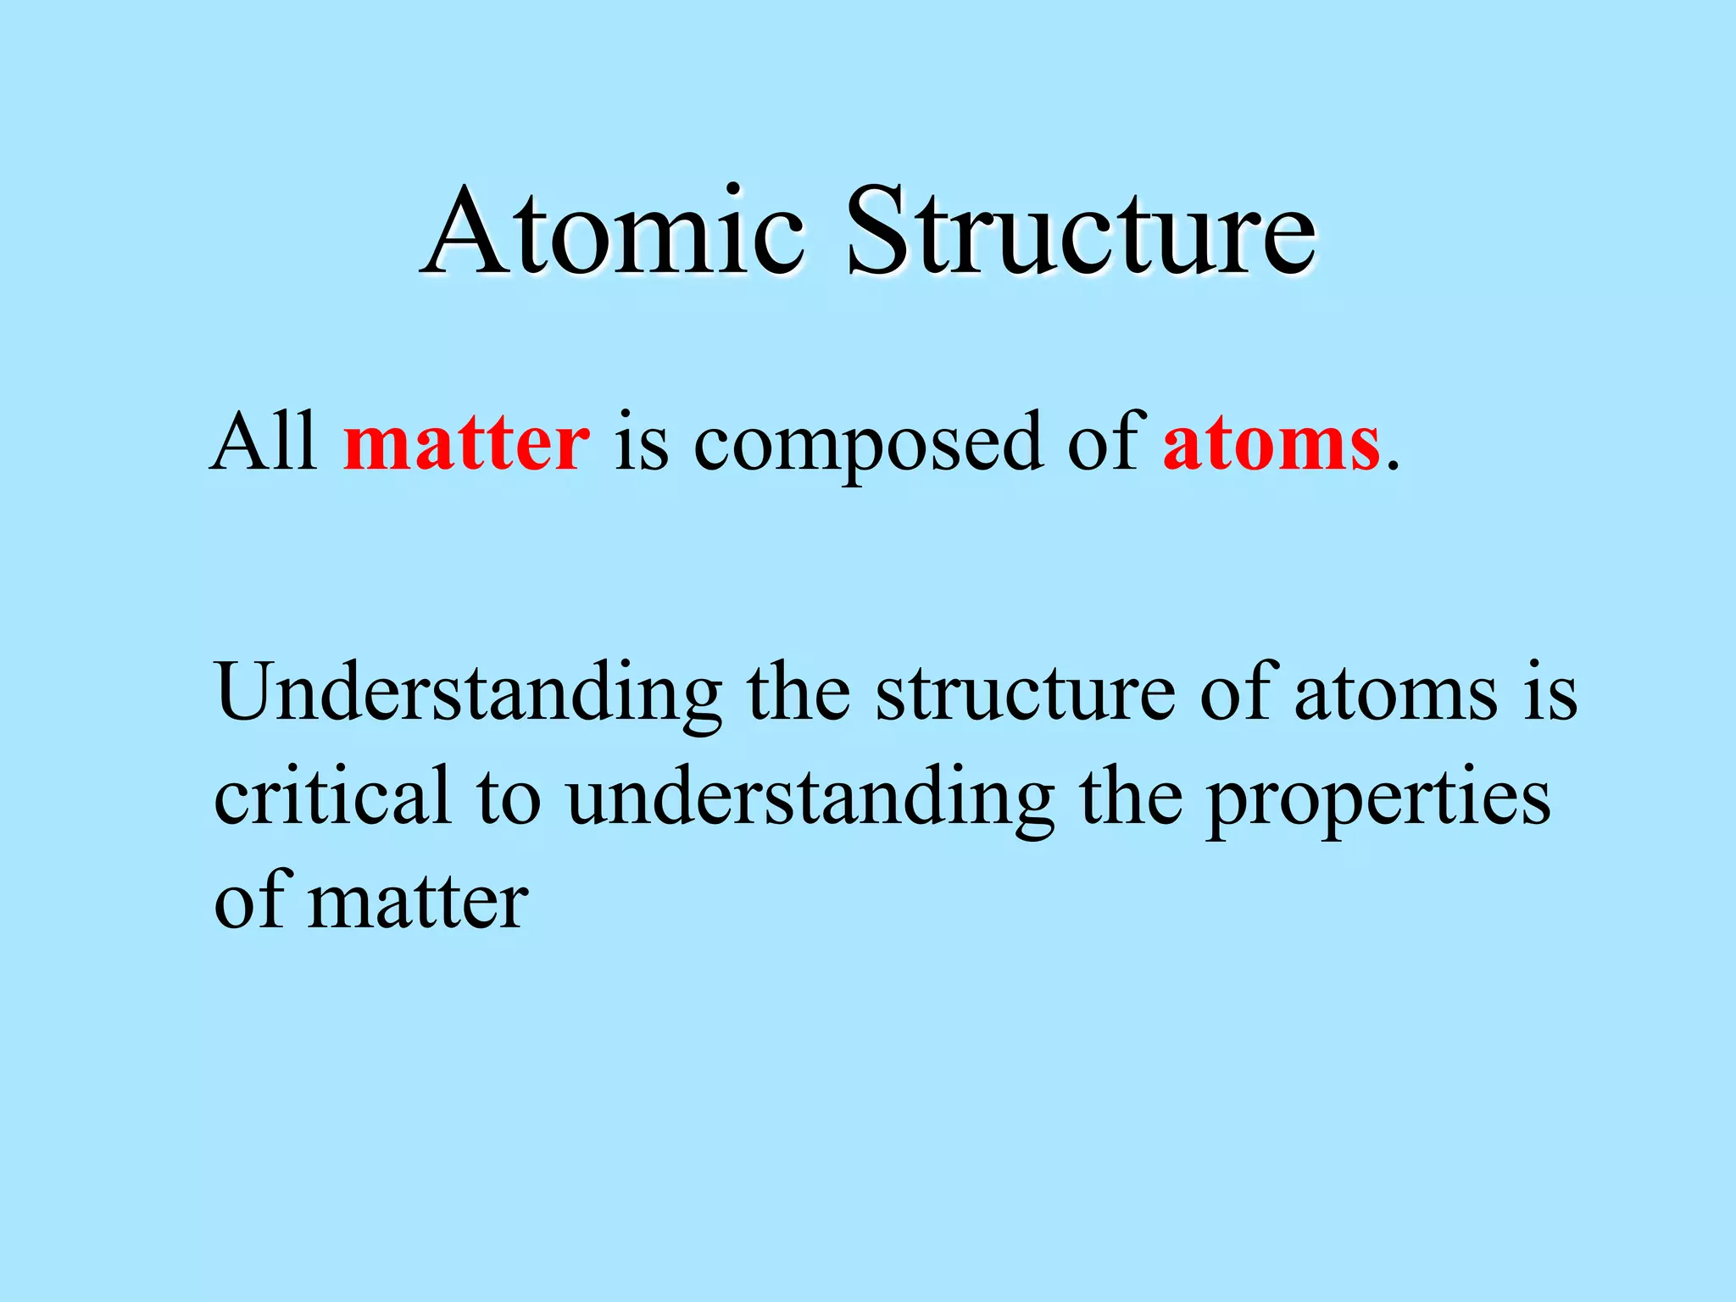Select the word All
coord(264,442)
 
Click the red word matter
coord(466,443)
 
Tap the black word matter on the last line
coord(418,901)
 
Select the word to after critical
coord(509,797)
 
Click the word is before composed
coord(642,443)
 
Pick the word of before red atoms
coord(1106,442)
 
